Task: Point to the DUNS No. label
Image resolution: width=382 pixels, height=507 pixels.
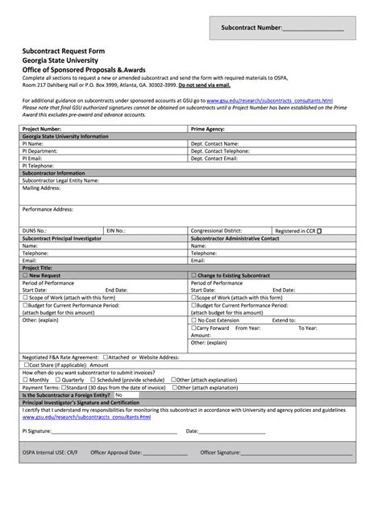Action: tap(37, 230)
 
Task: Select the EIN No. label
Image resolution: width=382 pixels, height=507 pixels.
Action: tap(116, 230)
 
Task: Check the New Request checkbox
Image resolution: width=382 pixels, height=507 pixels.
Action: tap(25, 275)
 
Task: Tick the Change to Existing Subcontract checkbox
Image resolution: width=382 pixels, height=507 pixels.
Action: tap(193, 275)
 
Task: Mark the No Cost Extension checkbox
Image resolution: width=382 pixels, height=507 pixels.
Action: tap(193, 320)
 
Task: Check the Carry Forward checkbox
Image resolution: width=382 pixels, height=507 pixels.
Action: tap(193, 328)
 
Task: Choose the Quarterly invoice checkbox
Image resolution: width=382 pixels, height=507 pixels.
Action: tap(58, 380)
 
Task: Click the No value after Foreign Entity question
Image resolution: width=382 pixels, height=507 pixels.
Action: tap(118, 395)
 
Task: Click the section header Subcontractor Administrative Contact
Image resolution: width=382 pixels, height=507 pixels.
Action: tap(235, 238)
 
